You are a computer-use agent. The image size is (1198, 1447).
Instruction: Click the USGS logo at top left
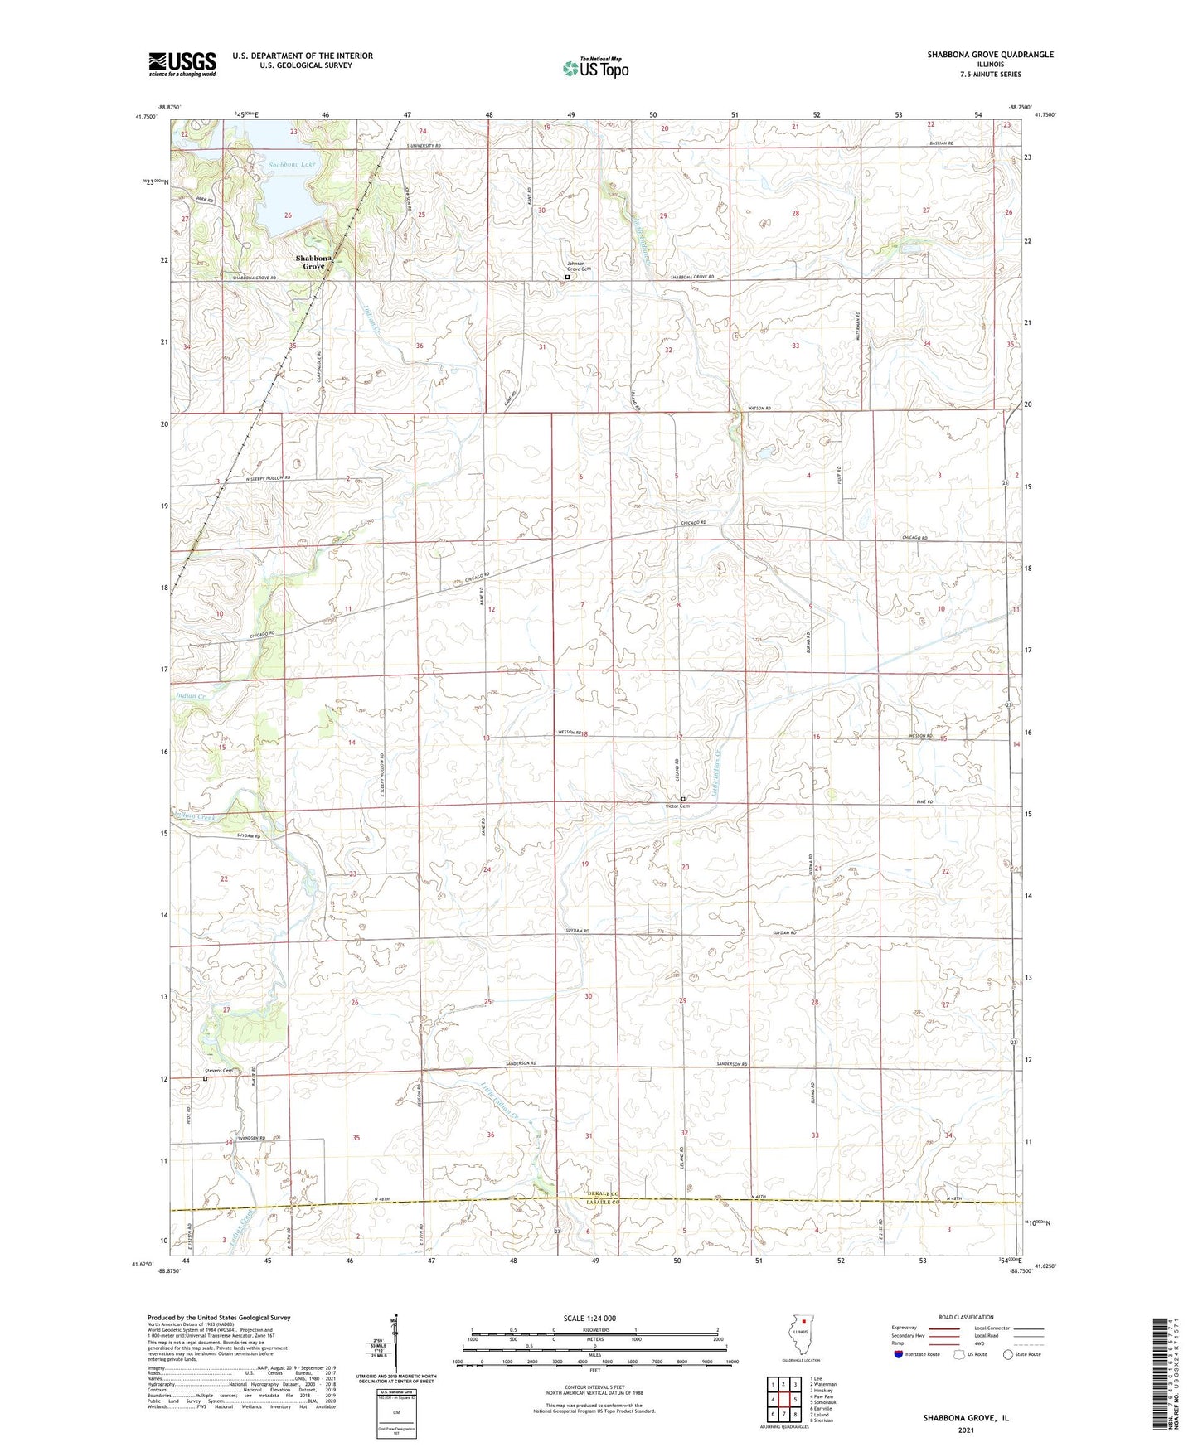(x=182, y=64)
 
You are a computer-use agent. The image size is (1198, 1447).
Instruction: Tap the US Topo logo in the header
(x=595, y=69)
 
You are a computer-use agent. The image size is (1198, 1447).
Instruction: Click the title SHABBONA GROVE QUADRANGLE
(x=991, y=55)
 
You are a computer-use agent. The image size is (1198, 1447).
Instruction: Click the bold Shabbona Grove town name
(x=313, y=263)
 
